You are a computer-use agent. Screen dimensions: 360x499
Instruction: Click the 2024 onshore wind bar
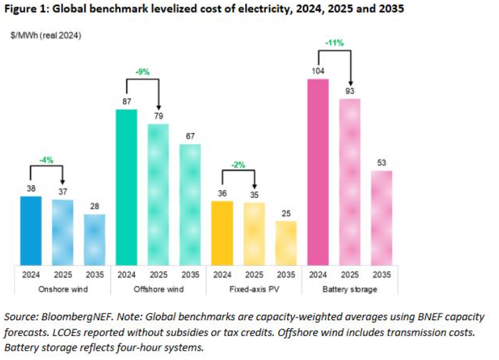[31, 230]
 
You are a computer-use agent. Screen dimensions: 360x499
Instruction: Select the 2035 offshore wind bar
[190, 204]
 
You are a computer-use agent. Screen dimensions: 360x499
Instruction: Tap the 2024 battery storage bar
[318, 171]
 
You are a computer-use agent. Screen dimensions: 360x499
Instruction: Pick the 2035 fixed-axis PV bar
[286, 242]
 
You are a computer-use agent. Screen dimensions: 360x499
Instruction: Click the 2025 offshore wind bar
[158, 194]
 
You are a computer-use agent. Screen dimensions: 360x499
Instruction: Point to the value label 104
[318, 71]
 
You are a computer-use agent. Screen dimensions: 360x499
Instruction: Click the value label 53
[381, 163]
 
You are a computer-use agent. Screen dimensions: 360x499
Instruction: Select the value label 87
[126, 101]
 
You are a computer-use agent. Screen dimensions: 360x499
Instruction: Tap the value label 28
[94, 207]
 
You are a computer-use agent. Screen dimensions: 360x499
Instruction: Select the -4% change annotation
[47, 160]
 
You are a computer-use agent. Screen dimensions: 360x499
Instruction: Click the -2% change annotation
[238, 165]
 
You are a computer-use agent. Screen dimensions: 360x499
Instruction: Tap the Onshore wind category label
[62, 289]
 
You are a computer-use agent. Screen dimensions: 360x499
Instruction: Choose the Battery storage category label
[349, 289]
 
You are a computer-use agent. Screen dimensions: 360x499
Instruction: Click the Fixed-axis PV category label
[254, 289]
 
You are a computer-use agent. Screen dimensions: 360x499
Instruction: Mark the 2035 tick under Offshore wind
[190, 274]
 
